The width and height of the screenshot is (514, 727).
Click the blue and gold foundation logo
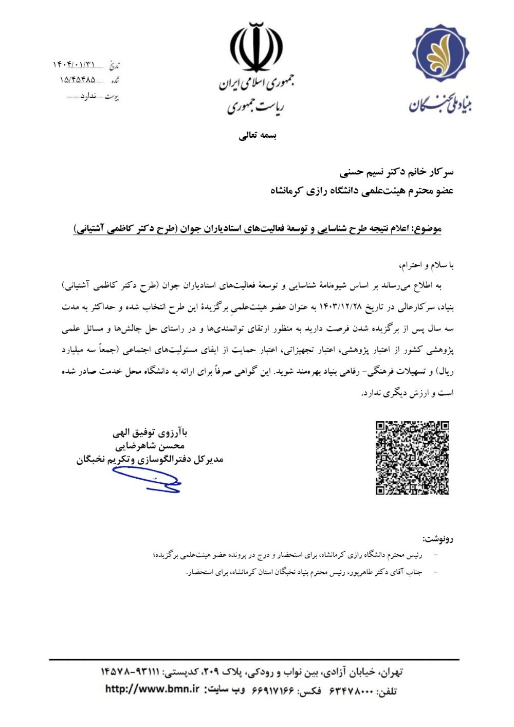point(440,53)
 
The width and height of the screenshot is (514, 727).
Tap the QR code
point(412,458)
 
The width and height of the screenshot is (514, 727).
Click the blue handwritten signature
point(147,480)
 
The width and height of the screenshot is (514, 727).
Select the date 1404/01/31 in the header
point(74,65)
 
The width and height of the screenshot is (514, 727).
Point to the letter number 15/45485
point(77,80)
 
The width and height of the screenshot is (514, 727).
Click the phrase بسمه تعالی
point(258,136)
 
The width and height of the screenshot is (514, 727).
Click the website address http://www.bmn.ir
point(152,689)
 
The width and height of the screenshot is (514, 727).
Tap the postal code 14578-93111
point(131,672)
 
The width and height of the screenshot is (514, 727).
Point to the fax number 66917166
point(274,690)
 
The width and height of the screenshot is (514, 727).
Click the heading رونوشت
point(437,539)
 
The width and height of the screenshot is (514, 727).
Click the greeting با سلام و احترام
point(427,265)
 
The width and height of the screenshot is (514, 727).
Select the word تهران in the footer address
point(391,672)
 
